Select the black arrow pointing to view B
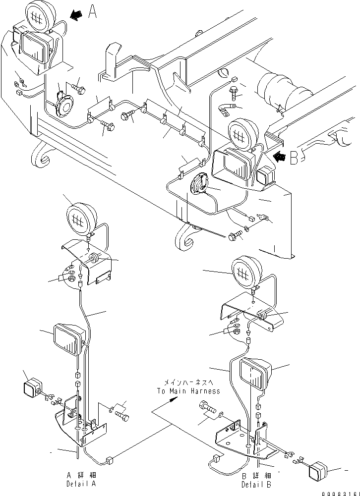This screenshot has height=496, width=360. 280,158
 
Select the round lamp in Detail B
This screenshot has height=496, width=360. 247,272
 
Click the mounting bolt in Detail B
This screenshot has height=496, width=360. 208,411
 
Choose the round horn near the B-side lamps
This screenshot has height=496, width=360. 200,187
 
